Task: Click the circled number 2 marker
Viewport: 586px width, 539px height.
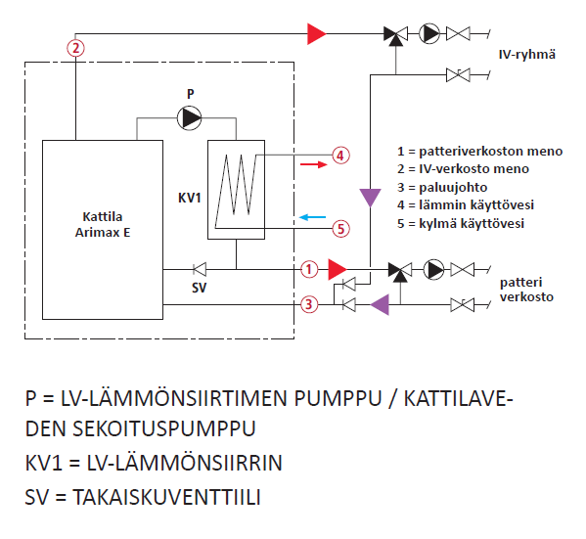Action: coord(76,48)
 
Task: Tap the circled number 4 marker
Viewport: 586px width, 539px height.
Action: coord(340,156)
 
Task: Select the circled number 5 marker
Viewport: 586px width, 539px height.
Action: coord(340,228)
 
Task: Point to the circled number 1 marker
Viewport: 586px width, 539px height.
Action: coord(309,269)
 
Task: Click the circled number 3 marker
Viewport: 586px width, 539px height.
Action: coord(309,304)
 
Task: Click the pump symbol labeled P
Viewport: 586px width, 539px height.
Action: coord(189,118)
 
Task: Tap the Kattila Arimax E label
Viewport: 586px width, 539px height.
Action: coord(103,224)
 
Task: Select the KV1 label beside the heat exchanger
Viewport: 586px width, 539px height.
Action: coord(190,198)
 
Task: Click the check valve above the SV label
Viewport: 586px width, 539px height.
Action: coord(200,269)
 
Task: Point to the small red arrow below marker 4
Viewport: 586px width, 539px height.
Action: coord(314,164)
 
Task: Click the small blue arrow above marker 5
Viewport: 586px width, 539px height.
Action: coord(312,217)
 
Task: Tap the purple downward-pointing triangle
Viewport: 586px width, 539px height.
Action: coord(370,198)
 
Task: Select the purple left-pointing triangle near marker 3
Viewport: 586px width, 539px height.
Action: coord(380,304)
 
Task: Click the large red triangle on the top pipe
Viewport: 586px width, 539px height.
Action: coord(317,34)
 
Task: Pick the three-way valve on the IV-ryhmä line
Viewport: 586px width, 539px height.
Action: coord(396,35)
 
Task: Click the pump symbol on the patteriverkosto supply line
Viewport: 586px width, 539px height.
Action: coord(434,269)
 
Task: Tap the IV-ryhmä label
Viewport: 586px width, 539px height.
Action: coord(527,55)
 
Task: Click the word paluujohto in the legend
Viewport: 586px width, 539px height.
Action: coord(453,187)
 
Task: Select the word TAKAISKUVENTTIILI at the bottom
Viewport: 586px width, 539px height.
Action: coord(166,497)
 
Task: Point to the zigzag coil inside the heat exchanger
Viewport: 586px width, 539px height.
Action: coord(236,191)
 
